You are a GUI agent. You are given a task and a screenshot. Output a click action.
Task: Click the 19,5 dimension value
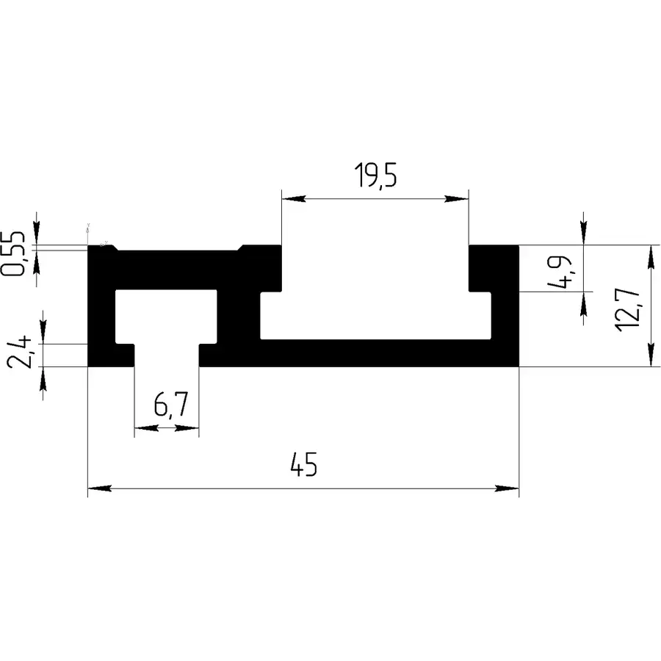[375, 175]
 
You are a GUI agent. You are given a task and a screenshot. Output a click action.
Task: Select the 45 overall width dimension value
[303, 464]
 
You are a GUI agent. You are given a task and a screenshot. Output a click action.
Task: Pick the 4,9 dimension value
[560, 272]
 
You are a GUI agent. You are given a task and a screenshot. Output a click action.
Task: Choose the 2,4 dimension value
[19, 352]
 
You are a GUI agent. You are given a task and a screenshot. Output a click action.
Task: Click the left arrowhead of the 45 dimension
[99, 488]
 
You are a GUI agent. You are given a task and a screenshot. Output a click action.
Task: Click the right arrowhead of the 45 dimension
[507, 488]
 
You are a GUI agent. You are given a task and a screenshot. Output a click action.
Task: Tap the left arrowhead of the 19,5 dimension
[294, 198]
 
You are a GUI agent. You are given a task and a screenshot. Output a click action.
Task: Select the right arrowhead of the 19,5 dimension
[457, 198]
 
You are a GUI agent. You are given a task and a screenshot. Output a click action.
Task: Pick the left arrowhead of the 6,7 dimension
[146, 428]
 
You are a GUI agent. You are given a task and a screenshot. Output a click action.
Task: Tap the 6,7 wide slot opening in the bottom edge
[167, 355]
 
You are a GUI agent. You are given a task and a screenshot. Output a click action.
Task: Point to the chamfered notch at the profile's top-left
[115, 248]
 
